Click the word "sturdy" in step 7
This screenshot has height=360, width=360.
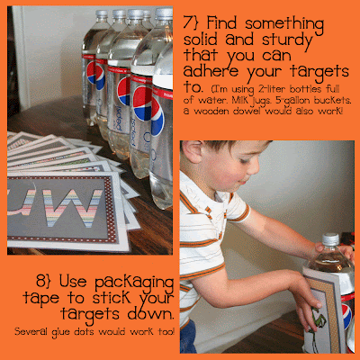click(287, 41)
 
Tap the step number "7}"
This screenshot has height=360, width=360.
click(191, 22)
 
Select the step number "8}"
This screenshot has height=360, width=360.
click(44, 281)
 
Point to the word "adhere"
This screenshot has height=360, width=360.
click(211, 70)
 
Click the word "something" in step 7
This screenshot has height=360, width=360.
click(284, 24)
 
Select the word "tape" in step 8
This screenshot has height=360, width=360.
click(40, 298)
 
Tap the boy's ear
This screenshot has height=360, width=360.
click(191, 151)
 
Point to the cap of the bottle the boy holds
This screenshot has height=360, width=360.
click(330, 239)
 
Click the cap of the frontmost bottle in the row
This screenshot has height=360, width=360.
click(164, 13)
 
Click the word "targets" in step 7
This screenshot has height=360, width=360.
click(319, 72)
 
